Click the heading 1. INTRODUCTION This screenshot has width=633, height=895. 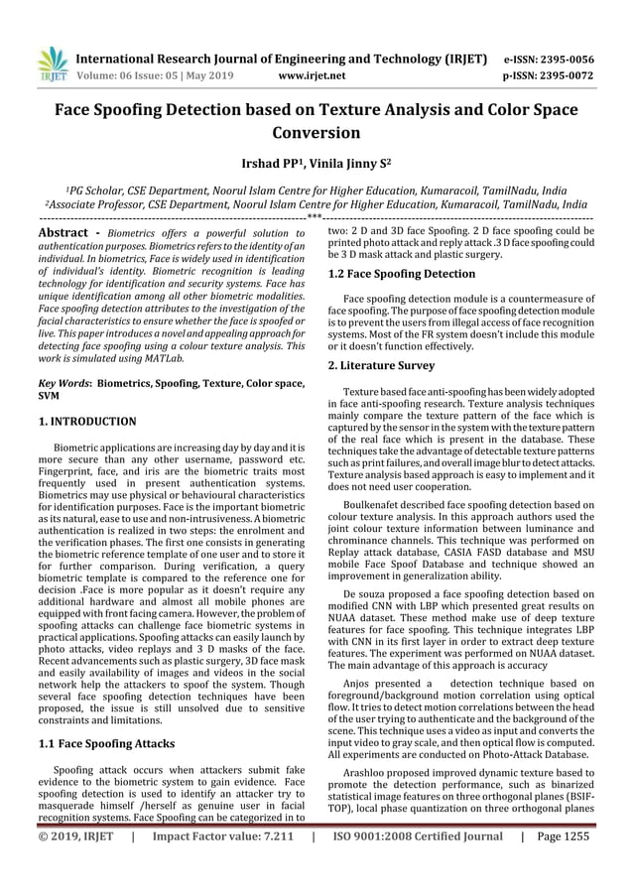click(86, 421)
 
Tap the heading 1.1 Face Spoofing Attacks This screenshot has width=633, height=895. click(106, 742)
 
